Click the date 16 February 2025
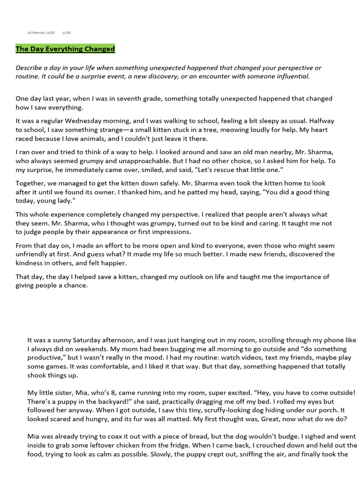coord(41,33)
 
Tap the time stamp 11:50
coord(67,33)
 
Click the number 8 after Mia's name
coord(103,393)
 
